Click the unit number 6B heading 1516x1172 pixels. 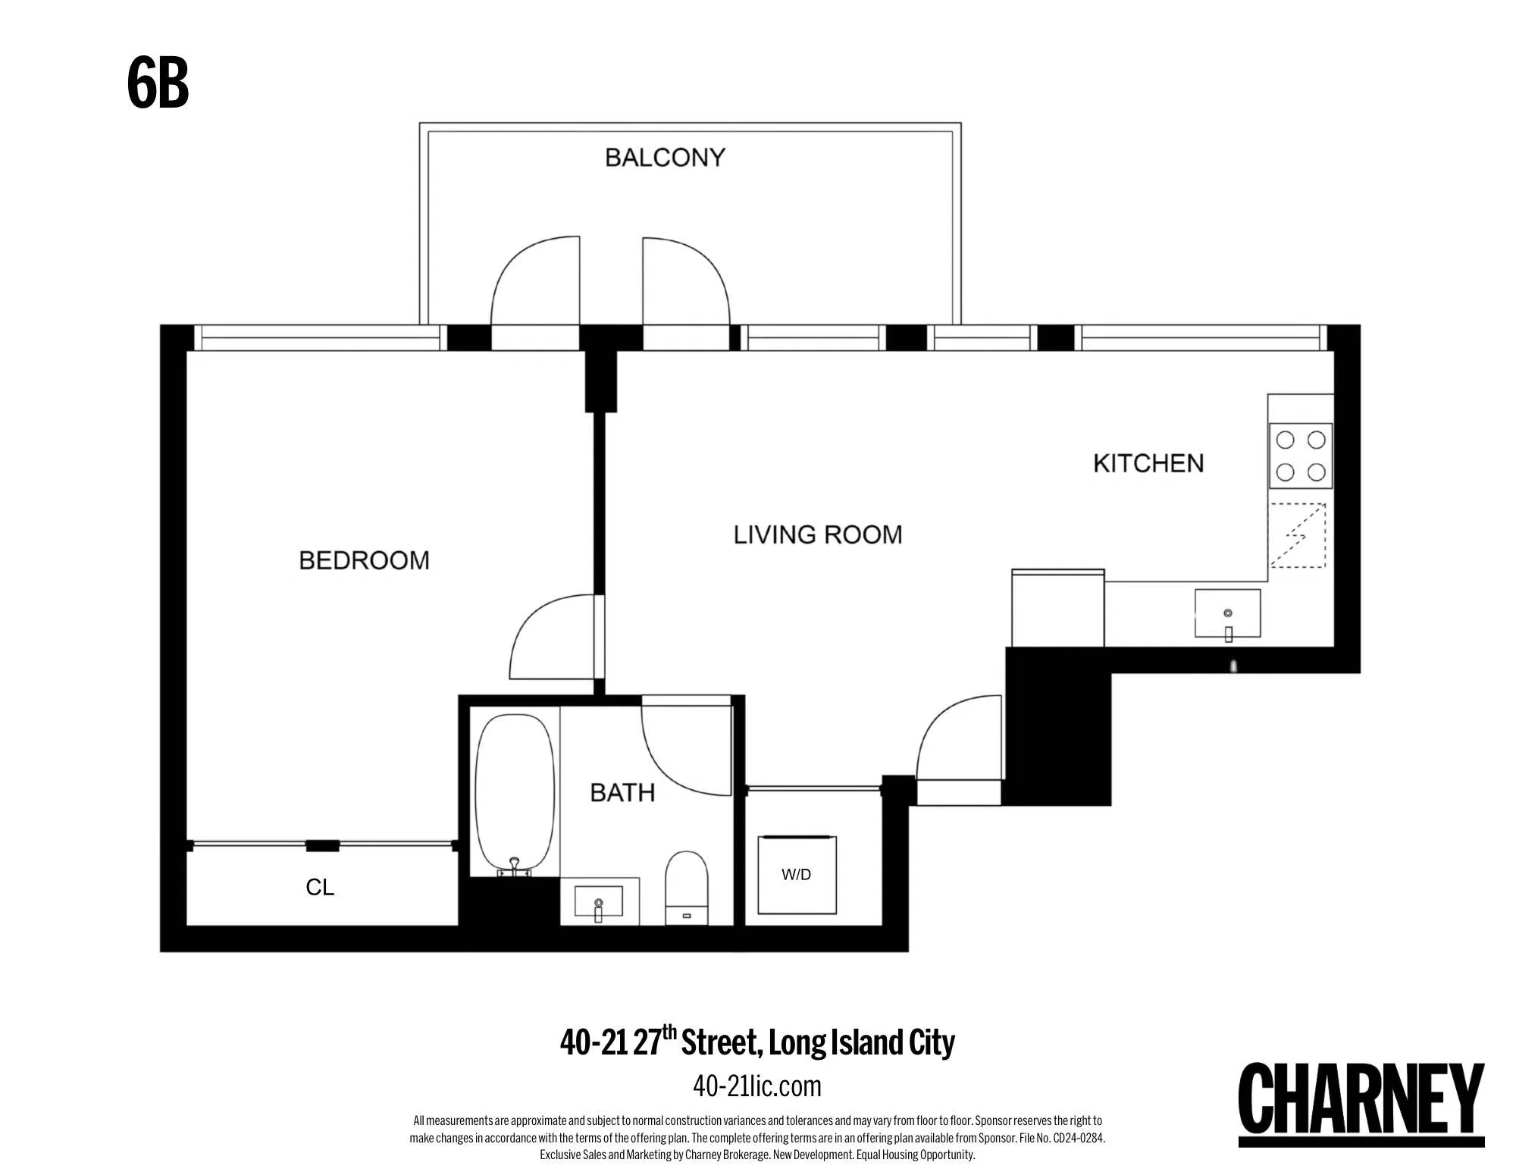(x=158, y=84)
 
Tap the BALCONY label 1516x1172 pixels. (x=665, y=158)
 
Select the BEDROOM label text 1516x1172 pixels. (x=364, y=560)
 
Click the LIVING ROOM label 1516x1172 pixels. (x=818, y=534)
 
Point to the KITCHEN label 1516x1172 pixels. (x=1148, y=463)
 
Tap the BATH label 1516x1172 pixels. (x=622, y=793)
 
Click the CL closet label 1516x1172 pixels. (x=320, y=887)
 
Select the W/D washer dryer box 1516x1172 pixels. (x=797, y=875)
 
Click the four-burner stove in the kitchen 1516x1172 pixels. (x=1301, y=456)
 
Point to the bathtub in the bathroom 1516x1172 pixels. (x=515, y=792)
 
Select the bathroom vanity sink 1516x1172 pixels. (x=599, y=902)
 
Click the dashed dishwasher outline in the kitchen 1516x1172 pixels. (x=1298, y=535)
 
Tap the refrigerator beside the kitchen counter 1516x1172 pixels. (x=1057, y=608)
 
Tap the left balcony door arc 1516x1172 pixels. (x=534, y=280)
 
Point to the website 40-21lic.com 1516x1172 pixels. (x=756, y=1086)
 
